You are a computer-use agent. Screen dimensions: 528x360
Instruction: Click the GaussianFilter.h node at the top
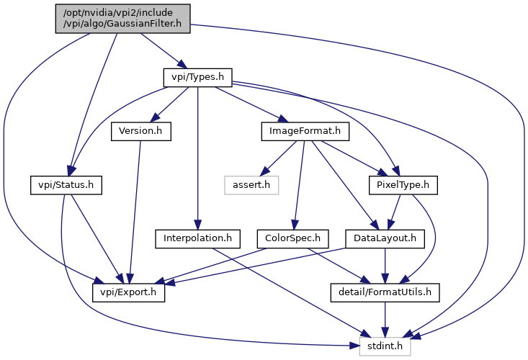[123, 19]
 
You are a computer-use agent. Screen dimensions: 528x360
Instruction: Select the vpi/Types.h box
[197, 77]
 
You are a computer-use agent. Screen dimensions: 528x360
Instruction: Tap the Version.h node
[141, 131]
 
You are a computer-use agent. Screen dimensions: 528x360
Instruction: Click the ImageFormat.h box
[305, 131]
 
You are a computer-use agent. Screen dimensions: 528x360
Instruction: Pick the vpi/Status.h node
[66, 185]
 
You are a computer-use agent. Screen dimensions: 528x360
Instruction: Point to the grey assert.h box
[251, 185]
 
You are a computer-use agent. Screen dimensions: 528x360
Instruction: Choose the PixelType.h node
[403, 185]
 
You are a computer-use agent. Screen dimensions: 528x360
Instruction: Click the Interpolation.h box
[197, 239]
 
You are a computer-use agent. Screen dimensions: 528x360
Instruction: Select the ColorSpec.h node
[292, 239]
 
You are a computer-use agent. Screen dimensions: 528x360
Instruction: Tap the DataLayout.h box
[385, 239]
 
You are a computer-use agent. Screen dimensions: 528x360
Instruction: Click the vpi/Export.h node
[129, 293]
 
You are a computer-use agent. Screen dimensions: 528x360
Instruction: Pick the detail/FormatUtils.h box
[385, 293]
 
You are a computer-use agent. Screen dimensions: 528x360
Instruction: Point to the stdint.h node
[385, 346]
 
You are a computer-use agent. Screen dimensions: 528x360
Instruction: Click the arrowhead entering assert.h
[264, 171]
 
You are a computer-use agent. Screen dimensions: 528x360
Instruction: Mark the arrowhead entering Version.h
[156, 117]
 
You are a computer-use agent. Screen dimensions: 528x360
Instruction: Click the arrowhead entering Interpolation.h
[197, 225]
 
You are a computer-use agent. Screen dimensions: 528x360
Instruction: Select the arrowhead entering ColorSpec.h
[295, 225]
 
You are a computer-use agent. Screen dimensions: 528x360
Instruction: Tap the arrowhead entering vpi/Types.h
[182, 64]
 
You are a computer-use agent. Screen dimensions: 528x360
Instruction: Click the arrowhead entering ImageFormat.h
[284, 119]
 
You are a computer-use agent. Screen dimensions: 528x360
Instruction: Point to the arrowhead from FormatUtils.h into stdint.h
[385, 333]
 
